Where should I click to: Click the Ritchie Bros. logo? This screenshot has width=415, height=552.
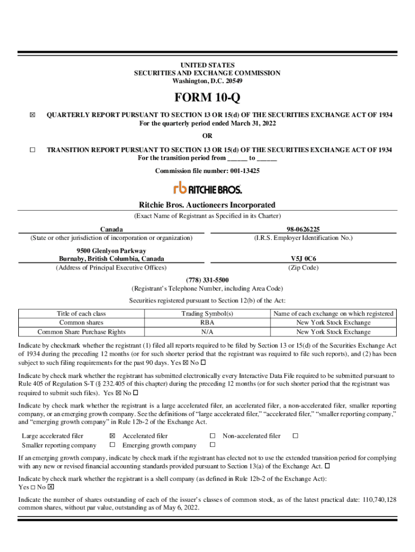point(207,188)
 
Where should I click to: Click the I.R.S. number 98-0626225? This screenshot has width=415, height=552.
point(303,229)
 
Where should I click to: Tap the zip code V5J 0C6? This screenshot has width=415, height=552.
point(303,259)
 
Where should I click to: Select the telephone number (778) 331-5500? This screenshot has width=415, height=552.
point(207,280)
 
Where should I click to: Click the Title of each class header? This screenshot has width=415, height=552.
point(81,314)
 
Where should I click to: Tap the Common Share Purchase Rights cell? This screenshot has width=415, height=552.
point(81,332)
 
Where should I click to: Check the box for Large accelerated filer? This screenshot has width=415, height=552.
point(112,436)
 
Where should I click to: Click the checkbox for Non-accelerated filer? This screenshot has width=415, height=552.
point(295,436)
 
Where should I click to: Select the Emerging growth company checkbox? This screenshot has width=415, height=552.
point(212,445)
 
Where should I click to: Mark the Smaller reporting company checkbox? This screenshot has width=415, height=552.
point(112,445)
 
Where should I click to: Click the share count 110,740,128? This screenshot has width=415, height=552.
point(378,500)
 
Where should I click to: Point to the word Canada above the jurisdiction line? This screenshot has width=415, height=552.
point(111,229)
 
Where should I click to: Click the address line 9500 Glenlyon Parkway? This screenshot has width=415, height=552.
point(111,251)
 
